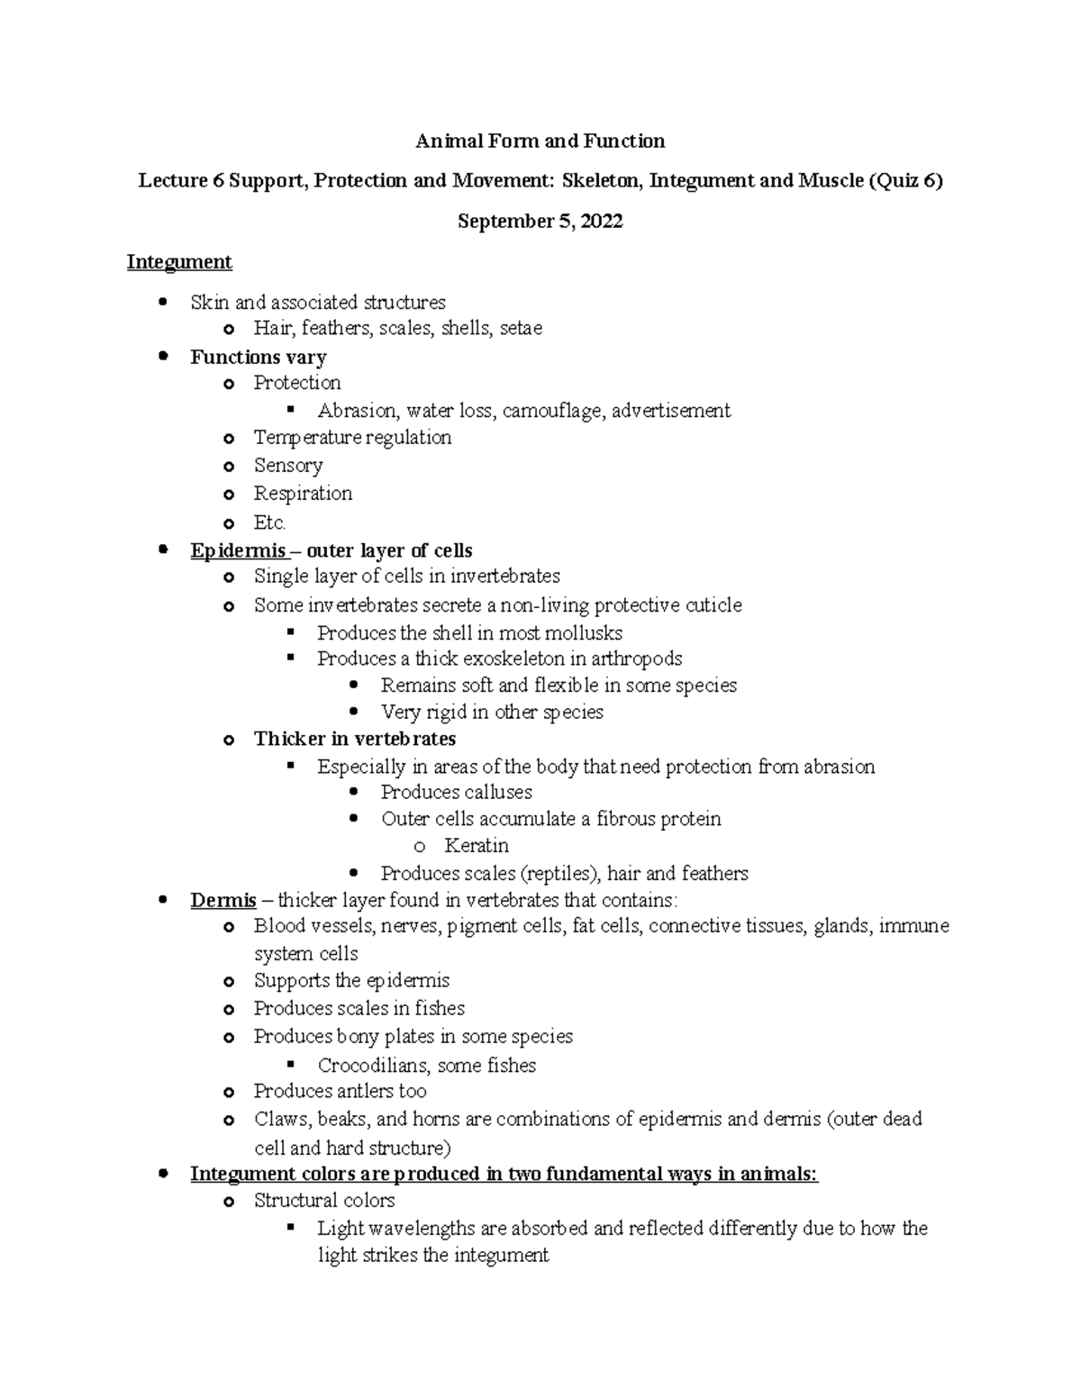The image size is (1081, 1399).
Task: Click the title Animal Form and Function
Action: point(540,141)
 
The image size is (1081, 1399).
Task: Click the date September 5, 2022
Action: point(540,222)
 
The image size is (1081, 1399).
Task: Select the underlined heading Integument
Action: point(179,262)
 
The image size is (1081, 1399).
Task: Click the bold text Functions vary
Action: point(258,358)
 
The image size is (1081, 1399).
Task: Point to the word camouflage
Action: point(553,411)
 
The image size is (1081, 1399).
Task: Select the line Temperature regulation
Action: point(352,438)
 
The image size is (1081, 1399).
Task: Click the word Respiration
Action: point(303,494)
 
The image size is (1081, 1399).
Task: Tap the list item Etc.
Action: point(269,522)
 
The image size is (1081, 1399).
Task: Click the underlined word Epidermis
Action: point(238,551)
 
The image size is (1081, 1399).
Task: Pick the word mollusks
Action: point(584,633)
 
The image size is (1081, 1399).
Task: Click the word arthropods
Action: point(636,659)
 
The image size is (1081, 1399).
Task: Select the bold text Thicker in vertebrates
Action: point(354,740)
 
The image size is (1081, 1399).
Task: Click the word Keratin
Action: point(476,846)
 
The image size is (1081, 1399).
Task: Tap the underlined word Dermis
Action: point(223,901)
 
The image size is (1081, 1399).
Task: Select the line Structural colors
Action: point(324,1201)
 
